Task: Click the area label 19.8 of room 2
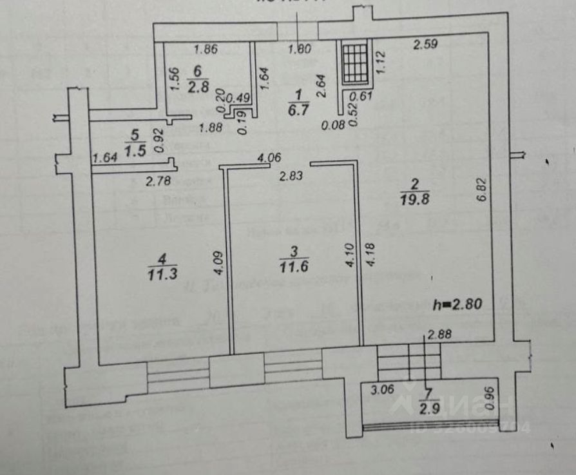[414, 199]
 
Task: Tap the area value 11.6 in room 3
[293, 266]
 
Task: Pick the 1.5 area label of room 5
[134, 150]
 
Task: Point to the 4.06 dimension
[270, 157]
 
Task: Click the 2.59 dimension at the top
[426, 45]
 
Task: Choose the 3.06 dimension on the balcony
[381, 389]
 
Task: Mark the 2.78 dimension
[158, 182]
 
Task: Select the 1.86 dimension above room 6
[206, 48]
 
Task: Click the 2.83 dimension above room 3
[290, 174]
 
